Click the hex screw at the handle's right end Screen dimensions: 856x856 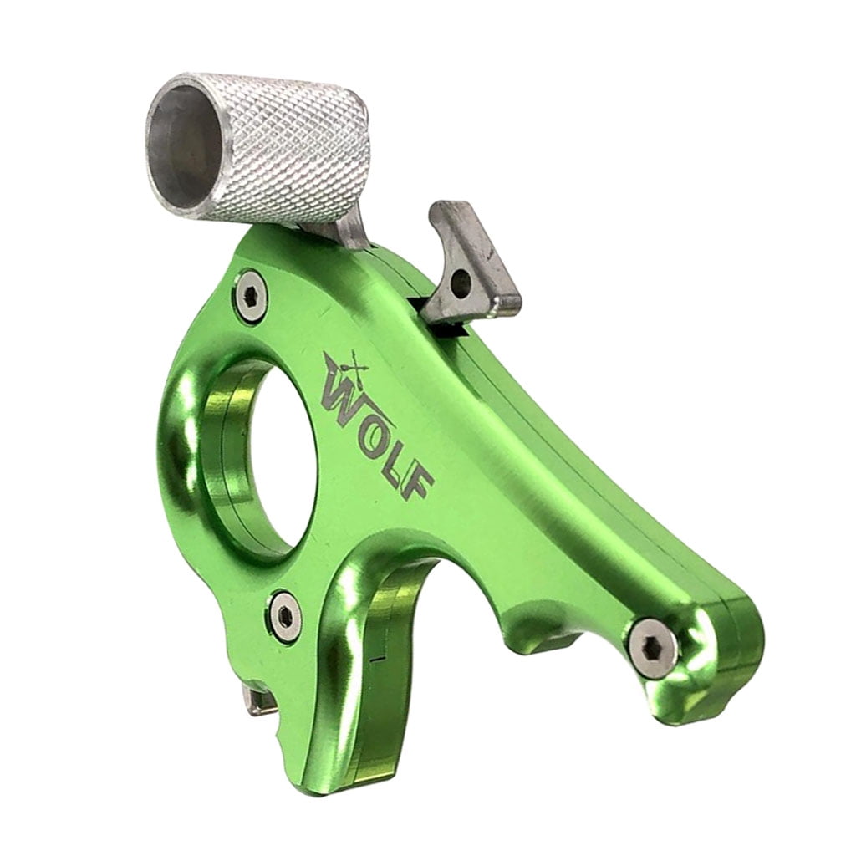[653, 648]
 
